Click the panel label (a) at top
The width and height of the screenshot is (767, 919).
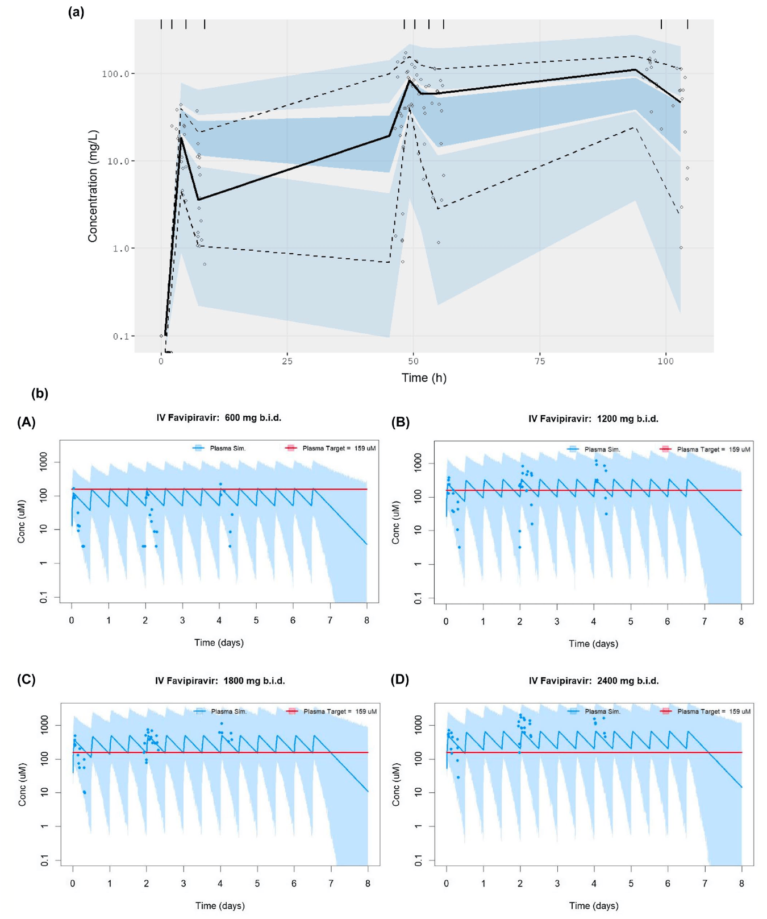[76, 12]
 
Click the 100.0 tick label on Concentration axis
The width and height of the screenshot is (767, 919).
[118, 74]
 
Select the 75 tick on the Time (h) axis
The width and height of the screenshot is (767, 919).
[539, 361]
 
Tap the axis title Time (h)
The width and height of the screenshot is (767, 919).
[424, 378]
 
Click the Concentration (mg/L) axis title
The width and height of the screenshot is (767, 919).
[93, 186]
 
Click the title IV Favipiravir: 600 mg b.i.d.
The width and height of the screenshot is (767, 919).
[219, 418]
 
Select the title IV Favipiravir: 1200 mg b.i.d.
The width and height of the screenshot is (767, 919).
[593, 419]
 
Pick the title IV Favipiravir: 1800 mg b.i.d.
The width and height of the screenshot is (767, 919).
[220, 681]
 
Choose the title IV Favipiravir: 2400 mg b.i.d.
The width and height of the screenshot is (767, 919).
[594, 681]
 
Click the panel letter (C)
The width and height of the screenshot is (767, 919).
[26, 680]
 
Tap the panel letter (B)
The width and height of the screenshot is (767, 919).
[401, 422]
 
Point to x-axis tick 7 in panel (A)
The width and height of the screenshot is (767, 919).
[330, 620]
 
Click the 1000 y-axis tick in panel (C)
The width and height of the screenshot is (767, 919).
[44, 726]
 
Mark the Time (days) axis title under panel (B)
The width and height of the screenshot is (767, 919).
[593, 644]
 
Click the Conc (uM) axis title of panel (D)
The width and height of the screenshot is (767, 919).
[396, 784]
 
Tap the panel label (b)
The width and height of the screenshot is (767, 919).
[40, 394]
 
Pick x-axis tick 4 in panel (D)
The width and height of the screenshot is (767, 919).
[594, 883]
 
